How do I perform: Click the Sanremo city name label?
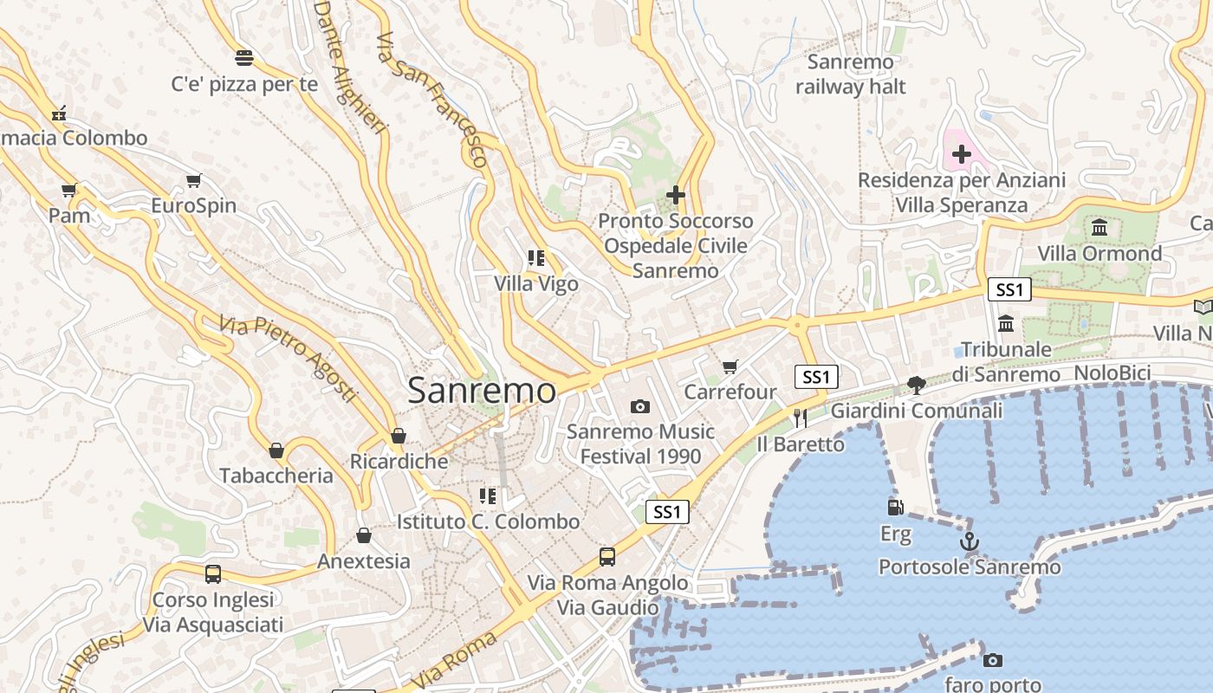pos(482,391)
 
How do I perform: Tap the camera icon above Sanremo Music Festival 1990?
pos(640,406)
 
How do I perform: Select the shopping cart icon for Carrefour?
pos(730,367)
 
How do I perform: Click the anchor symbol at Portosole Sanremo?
pos(970,542)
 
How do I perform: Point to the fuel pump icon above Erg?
pos(896,508)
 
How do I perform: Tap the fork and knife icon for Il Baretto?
pos(800,418)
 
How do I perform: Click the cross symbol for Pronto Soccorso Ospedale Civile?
pos(676,196)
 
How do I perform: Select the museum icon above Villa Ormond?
pos(1100,228)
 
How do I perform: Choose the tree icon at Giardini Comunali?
pos(916,385)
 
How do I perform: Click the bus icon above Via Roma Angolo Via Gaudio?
pos(607,556)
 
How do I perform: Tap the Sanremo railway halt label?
pos(850,74)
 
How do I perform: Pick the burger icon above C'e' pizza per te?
pos(244,58)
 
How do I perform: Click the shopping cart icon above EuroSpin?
pos(193,181)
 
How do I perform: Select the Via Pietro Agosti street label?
pos(288,358)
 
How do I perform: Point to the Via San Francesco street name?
pos(432,100)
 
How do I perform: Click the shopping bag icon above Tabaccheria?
pos(276,450)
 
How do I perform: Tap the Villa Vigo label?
pos(536,283)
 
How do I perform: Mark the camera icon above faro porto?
pos(993,661)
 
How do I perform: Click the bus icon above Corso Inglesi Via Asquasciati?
pos(213,573)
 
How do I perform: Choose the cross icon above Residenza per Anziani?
pos(962,154)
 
